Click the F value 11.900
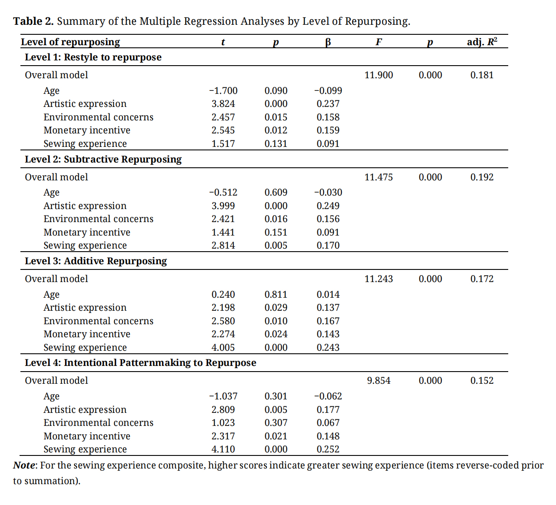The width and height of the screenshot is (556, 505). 378,75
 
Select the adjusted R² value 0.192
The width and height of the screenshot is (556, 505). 482,177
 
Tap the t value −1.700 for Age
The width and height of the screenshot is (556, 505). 223,91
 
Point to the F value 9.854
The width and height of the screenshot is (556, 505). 378,381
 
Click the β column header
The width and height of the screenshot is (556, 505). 328,42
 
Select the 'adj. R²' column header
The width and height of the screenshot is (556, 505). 482,42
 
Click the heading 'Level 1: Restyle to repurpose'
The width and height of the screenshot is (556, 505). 93,57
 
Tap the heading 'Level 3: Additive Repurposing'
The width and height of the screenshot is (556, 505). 96,261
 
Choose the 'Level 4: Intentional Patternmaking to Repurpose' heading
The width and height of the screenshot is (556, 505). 140,363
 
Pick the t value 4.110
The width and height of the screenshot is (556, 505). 223,449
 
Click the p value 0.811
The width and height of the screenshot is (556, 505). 276,295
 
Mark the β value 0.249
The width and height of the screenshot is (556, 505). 328,206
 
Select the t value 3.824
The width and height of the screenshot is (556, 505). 223,104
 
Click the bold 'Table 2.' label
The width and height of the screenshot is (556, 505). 33,21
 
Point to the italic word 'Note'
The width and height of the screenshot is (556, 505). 24,465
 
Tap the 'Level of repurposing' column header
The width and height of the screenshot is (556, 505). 70,42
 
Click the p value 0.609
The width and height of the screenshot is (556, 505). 276,193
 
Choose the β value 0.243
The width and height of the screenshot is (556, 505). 328,348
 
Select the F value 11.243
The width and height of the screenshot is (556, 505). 378,279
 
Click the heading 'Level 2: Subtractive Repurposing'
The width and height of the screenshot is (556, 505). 103,159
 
